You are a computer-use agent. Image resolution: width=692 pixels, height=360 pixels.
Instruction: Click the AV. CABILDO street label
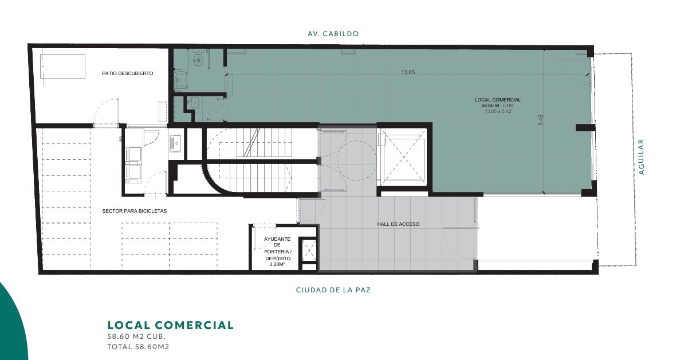point(333,34)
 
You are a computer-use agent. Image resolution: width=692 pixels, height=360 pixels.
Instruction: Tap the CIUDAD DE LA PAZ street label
point(333,290)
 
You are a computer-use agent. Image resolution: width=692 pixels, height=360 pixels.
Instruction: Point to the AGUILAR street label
point(642,157)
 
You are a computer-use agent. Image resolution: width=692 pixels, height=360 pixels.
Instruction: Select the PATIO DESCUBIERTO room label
point(128,73)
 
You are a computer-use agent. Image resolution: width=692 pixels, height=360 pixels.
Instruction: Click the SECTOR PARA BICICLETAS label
point(135,211)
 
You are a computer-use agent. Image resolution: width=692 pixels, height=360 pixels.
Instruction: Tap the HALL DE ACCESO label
point(398,224)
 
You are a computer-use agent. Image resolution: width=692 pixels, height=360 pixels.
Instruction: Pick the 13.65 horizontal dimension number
point(408,72)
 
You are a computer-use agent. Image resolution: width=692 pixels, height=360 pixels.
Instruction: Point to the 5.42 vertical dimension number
point(540,120)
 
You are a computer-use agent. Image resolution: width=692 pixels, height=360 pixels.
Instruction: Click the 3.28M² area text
point(277,264)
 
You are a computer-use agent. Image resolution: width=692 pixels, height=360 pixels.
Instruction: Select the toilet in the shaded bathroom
point(198,60)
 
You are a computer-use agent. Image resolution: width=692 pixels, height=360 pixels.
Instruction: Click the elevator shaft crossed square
point(404,157)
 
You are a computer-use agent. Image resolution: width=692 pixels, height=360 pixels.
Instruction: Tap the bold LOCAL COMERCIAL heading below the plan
point(171,325)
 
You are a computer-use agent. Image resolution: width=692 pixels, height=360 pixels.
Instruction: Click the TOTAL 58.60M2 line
point(138,347)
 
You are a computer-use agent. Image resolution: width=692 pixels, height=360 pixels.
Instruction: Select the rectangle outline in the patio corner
point(62,55)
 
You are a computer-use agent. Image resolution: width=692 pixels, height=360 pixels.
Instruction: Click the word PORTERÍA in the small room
point(277,252)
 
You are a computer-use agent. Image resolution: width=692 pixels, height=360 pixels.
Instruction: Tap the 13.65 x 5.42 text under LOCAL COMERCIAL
point(498,111)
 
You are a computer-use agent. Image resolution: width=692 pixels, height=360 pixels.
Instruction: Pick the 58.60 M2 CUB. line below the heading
point(136,336)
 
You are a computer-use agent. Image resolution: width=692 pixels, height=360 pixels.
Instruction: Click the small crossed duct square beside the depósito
point(309,250)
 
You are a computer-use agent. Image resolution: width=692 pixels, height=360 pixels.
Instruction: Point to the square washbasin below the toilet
point(180,80)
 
